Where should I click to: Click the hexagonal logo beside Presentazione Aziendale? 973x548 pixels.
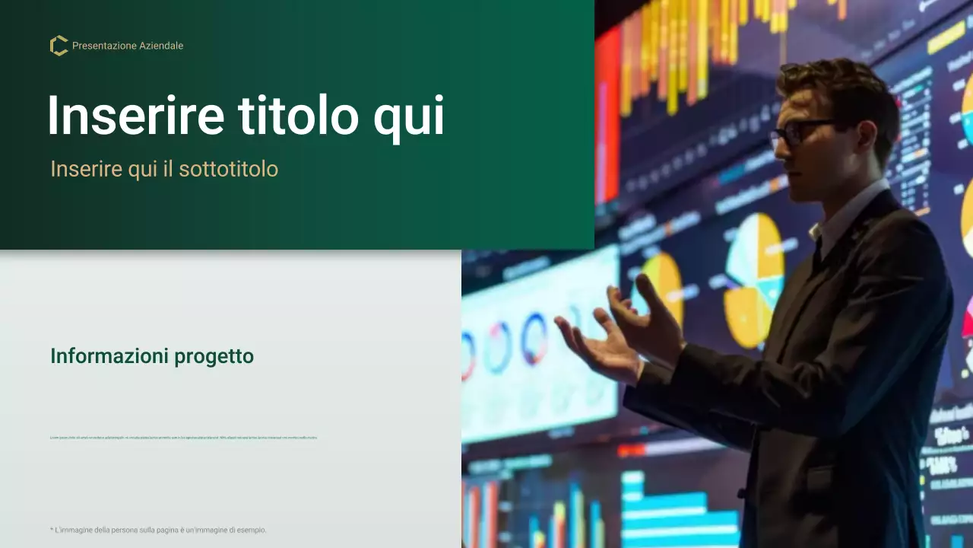point(59,46)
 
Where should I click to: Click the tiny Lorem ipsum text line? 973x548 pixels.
point(183,438)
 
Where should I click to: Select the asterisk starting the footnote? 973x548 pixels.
point(52,529)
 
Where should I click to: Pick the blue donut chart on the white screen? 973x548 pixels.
point(534,337)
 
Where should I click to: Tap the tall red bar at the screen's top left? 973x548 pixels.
point(608,114)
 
